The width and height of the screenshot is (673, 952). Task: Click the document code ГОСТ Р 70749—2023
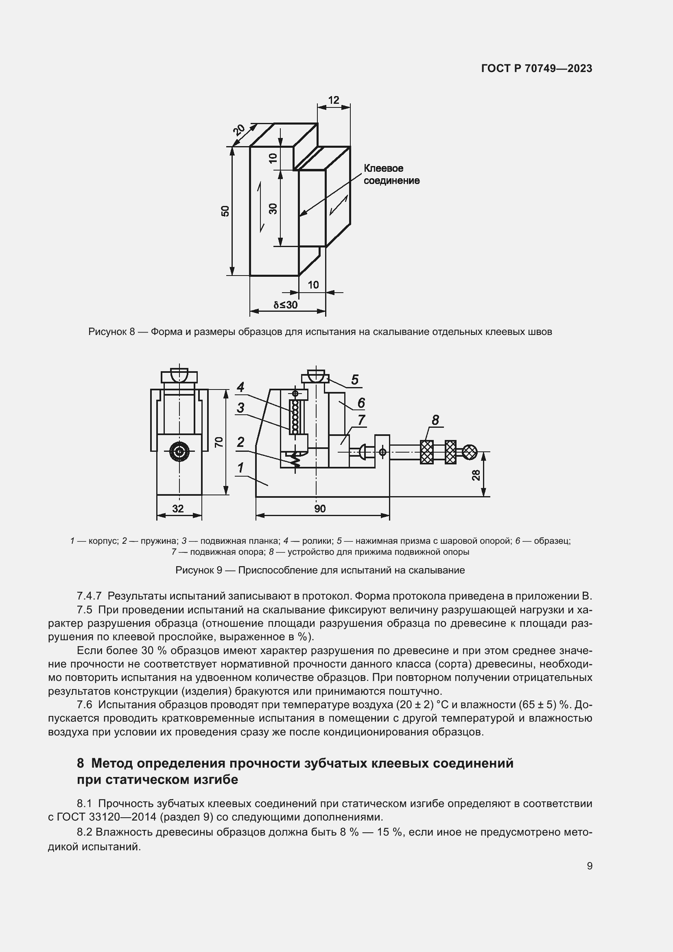pos(537,68)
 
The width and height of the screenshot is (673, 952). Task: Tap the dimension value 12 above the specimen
pos(334,100)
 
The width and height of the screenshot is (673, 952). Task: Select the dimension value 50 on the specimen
pos(225,211)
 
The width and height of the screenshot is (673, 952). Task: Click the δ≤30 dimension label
pos(286,305)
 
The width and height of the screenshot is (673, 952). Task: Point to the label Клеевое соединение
pos(391,174)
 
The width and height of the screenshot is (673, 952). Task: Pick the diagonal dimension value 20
pos(239,130)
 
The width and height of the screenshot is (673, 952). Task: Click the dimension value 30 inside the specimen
pos(273,208)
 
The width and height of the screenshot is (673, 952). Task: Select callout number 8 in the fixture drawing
pos(435,420)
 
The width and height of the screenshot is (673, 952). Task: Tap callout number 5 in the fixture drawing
pos(354,379)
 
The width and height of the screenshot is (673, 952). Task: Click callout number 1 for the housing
pos(240,468)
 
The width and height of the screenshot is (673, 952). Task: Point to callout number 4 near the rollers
pos(240,387)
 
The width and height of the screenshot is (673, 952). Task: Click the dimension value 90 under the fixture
pos(320,508)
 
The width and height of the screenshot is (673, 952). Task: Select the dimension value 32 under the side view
pos(178,508)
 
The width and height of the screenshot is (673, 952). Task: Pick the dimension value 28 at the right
pos(476,475)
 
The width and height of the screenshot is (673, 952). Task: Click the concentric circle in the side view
pos(179,452)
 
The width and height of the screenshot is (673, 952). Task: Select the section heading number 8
pos(81,763)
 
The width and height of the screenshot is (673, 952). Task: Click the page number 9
pos(589,866)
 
